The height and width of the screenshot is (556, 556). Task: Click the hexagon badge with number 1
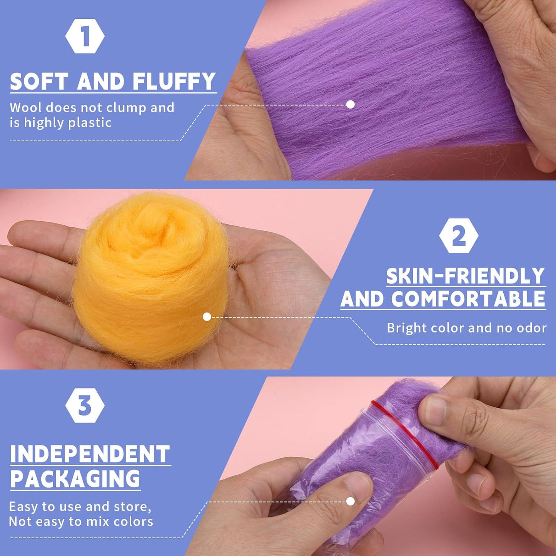click(x=85, y=36)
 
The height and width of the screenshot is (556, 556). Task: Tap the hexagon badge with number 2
click(x=459, y=236)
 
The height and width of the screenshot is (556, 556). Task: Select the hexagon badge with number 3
click(x=85, y=406)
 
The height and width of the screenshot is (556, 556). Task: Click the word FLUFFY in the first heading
click(x=174, y=81)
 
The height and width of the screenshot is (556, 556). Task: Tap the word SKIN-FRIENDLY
click(x=466, y=276)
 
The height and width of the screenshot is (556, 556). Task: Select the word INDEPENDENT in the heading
click(x=90, y=454)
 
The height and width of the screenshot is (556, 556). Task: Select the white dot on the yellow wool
click(x=207, y=317)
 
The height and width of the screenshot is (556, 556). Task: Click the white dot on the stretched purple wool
click(x=350, y=104)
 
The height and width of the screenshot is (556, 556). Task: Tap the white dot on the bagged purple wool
click(x=350, y=501)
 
